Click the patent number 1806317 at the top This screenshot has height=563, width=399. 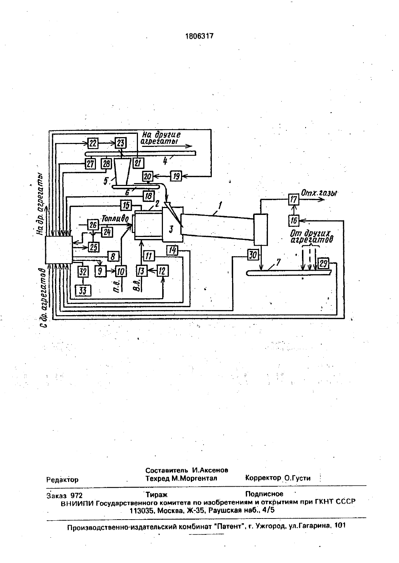(199, 37)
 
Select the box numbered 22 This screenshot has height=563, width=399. (93, 143)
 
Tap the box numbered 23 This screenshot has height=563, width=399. (121, 143)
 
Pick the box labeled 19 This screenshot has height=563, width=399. (176, 176)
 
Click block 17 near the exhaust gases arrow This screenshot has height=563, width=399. (294, 200)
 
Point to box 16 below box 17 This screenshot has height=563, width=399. (294, 221)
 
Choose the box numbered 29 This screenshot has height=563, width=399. (323, 264)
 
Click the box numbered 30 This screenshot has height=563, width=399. (253, 255)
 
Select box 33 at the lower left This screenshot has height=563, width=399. (83, 291)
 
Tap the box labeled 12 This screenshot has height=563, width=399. (163, 271)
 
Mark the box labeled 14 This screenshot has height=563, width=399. (172, 251)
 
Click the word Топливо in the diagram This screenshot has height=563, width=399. (115, 219)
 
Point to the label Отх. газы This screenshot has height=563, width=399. (319, 194)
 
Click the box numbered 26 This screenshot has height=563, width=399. (93, 224)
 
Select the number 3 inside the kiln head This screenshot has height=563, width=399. (171, 229)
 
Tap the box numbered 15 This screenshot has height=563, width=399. (126, 205)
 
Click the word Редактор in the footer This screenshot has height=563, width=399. (62, 480)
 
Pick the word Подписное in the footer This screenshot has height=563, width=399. (264, 494)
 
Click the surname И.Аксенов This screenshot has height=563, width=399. (210, 470)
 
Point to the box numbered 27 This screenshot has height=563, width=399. (90, 164)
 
